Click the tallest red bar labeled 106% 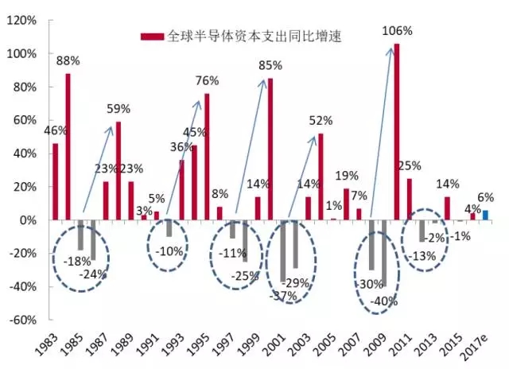(x=397, y=132)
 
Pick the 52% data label (x=321, y=121)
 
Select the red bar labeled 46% (x=56, y=181)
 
